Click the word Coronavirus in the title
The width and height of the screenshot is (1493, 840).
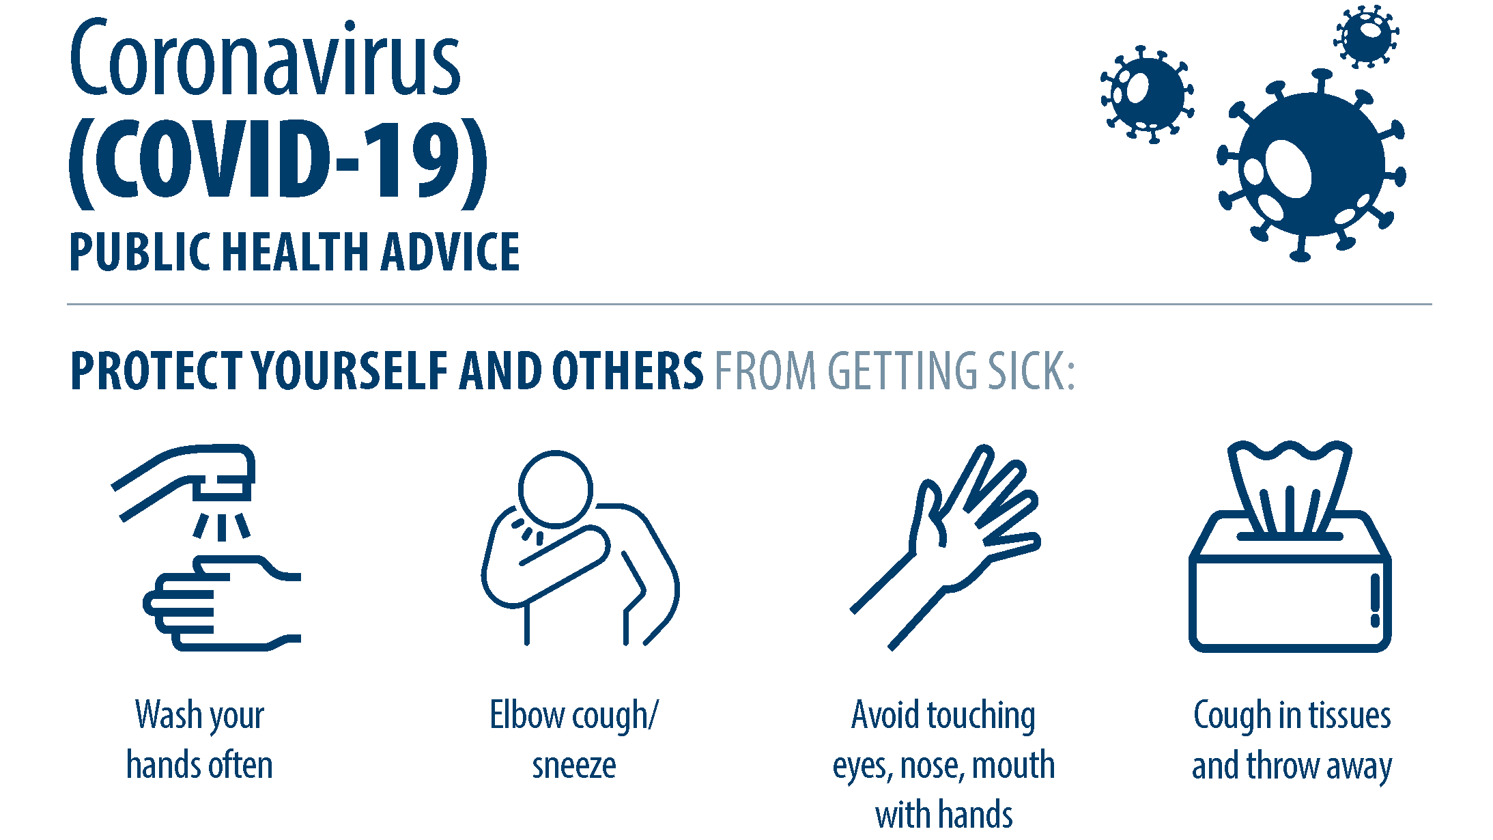point(265,58)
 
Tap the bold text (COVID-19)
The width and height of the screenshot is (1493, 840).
point(279,163)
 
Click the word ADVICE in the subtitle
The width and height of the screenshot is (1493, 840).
point(451,252)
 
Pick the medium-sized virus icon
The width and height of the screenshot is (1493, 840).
point(1148,94)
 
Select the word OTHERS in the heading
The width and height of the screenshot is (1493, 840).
point(627,372)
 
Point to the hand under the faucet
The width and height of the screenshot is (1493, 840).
point(222,603)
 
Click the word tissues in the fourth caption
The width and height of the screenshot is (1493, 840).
point(1350,716)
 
